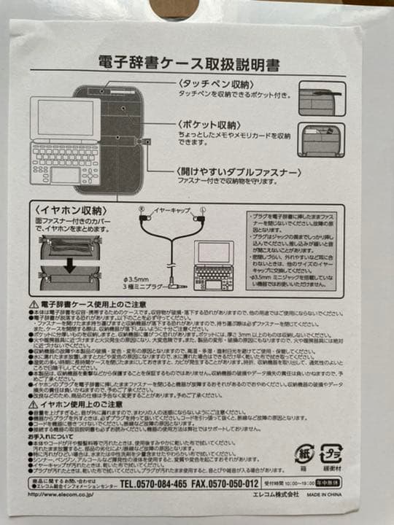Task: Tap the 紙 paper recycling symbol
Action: click(x=304, y=453)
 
